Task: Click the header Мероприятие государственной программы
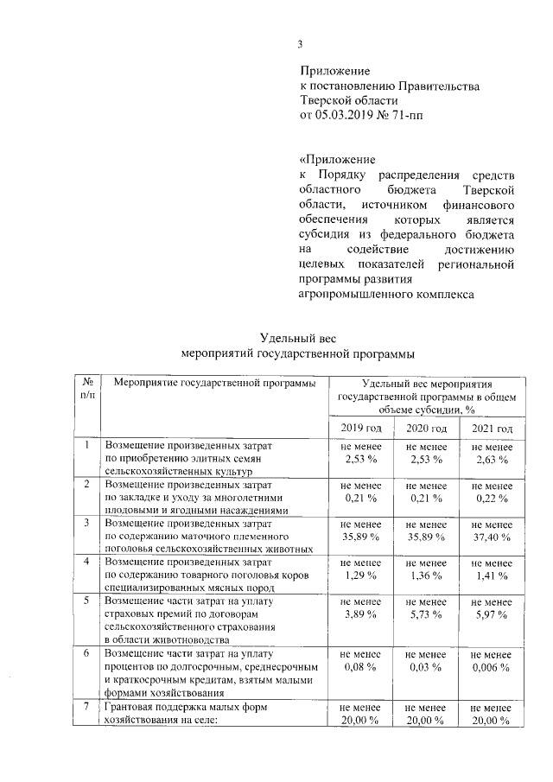click(214, 384)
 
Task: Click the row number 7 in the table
click(86, 707)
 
